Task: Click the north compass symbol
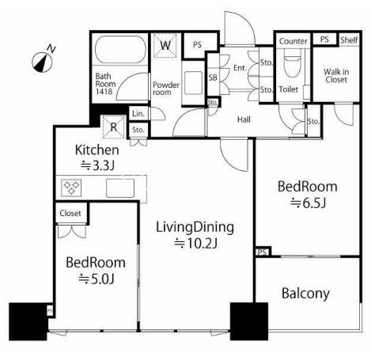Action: click(x=42, y=63)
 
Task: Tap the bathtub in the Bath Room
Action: click(x=120, y=50)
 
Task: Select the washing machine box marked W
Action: click(x=165, y=45)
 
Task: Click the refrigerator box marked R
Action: click(x=113, y=127)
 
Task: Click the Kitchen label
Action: click(x=97, y=150)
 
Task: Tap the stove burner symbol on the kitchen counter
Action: click(x=71, y=188)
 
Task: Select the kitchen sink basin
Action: click(x=120, y=188)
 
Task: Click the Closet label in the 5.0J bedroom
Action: click(x=70, y=213)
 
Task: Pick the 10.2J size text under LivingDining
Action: click(x=196, y=244)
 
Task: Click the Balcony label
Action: click(x=305, y=294)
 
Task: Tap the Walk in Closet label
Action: click(x=336, y=75)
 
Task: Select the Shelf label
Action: click(x=349, y=40)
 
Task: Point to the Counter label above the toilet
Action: click(x=293, y=41)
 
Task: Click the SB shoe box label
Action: click(x=213, y=78)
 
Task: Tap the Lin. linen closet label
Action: click(x=138, y=114)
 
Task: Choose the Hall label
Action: click(x=244, y=119)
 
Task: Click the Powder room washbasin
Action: click(x=194, y=83)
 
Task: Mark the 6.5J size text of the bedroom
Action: click(x=308, y=203)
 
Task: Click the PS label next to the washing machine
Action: click(x=197, y=45)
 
